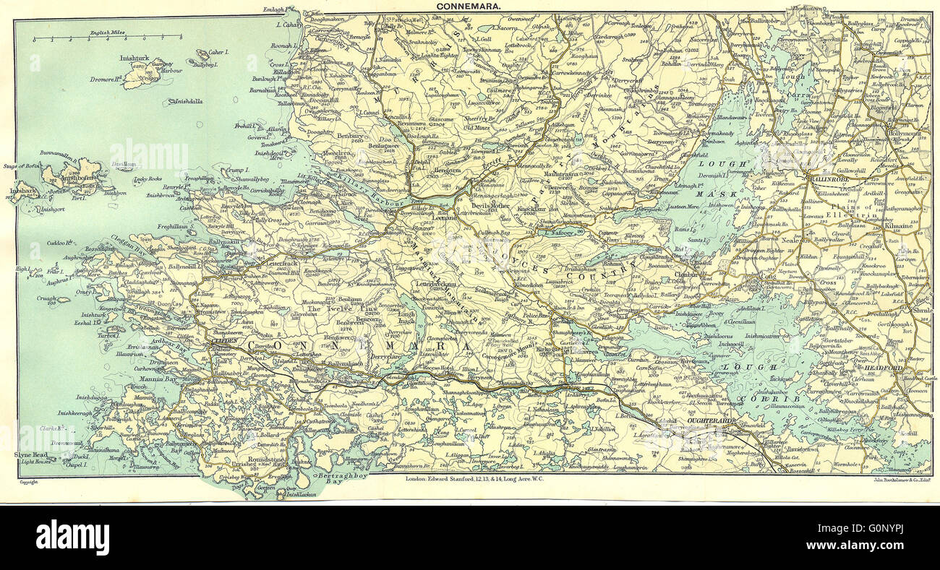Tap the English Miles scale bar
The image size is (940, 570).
click(x=109, y=37)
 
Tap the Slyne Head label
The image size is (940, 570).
click(x=30, y=454)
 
